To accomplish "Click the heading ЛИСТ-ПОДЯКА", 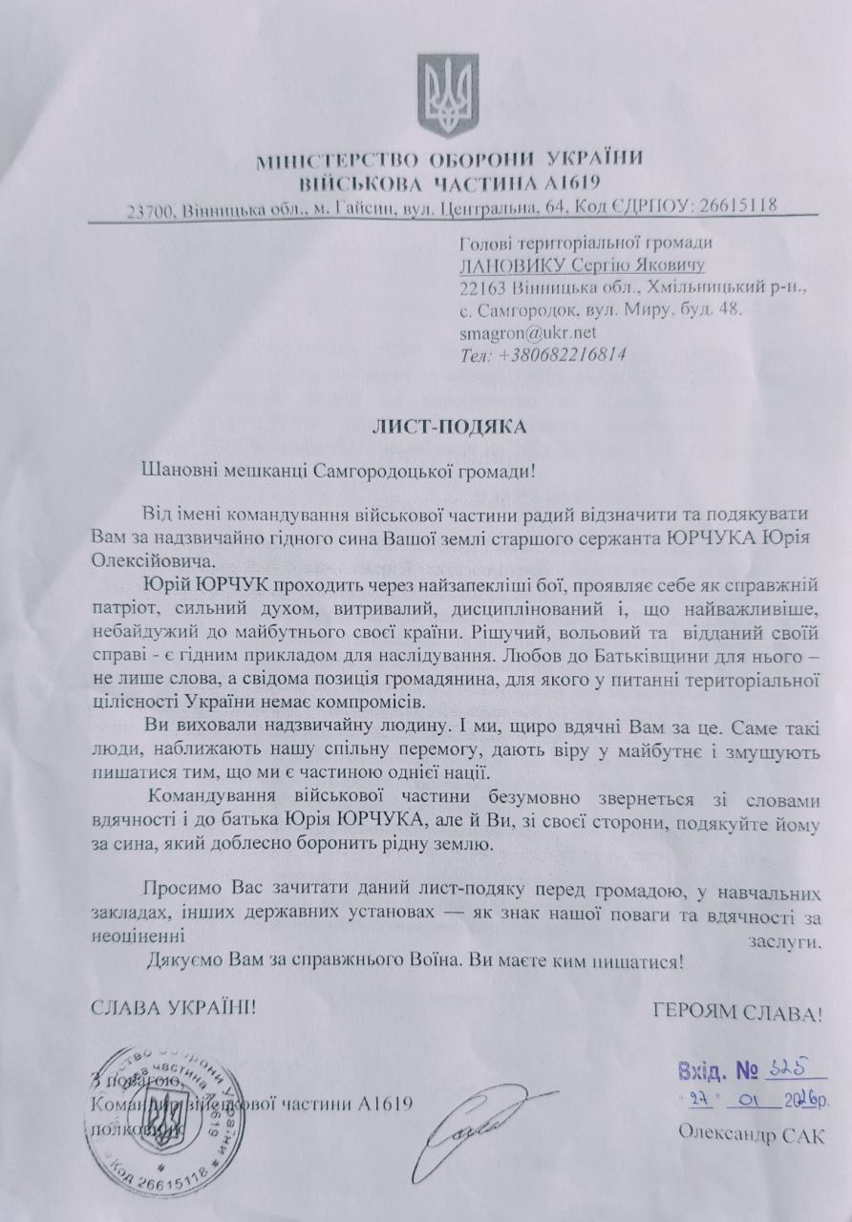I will coord(449,427).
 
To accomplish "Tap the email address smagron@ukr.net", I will coord(527,332).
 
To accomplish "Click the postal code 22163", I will coord(480,287).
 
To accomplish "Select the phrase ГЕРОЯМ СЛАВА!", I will coord(736,1012).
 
